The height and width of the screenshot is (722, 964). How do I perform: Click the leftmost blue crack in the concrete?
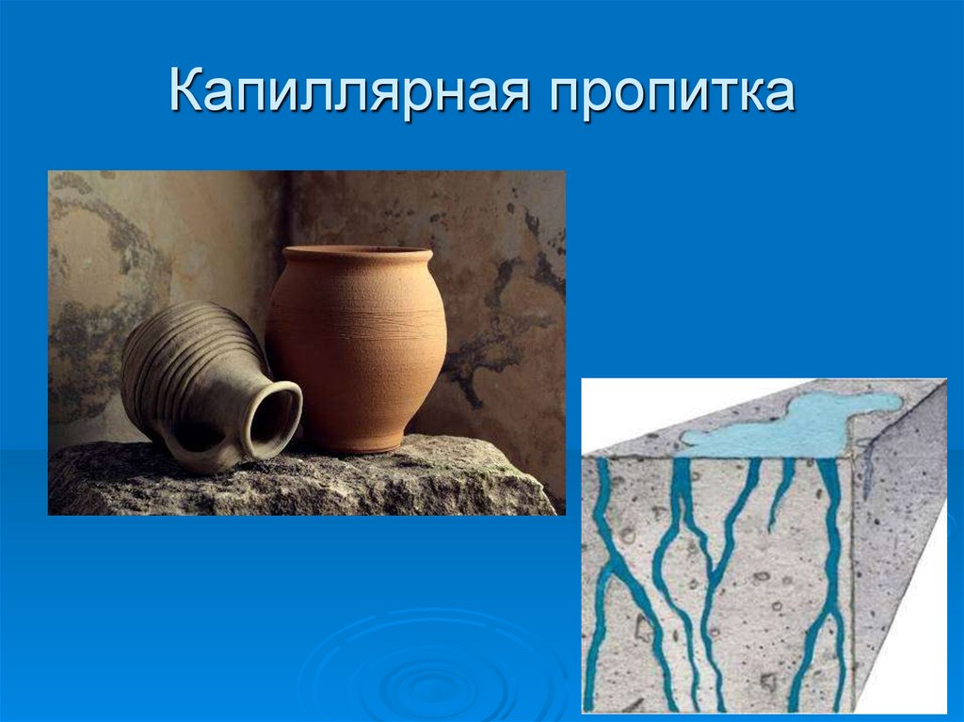point(602,565)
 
